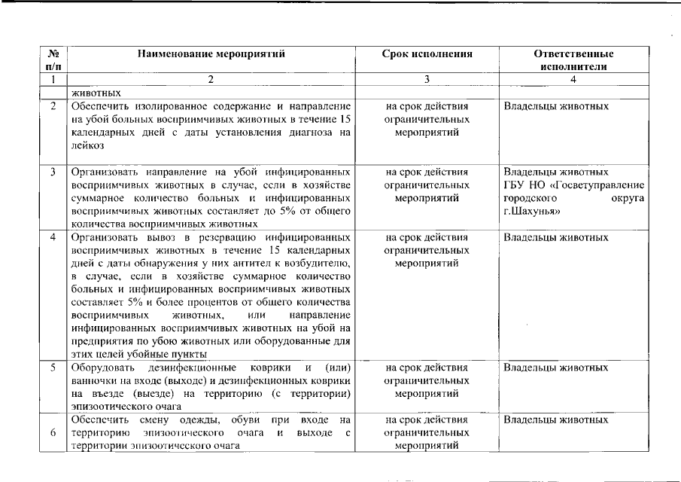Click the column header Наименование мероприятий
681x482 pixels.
click(211, 54)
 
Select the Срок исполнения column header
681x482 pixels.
click(427, 54)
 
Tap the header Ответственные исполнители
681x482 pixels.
click(573, 60)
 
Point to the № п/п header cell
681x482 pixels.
click(53, 60)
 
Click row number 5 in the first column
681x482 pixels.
click(53, 368)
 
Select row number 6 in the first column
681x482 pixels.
click(53, 433)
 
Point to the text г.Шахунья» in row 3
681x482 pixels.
click(533, 211)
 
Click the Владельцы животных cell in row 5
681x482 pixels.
click(555, 368)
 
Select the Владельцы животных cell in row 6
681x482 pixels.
click(555, 419)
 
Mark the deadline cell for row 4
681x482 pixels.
click(427, 250)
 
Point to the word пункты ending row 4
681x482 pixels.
click(188, 355)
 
